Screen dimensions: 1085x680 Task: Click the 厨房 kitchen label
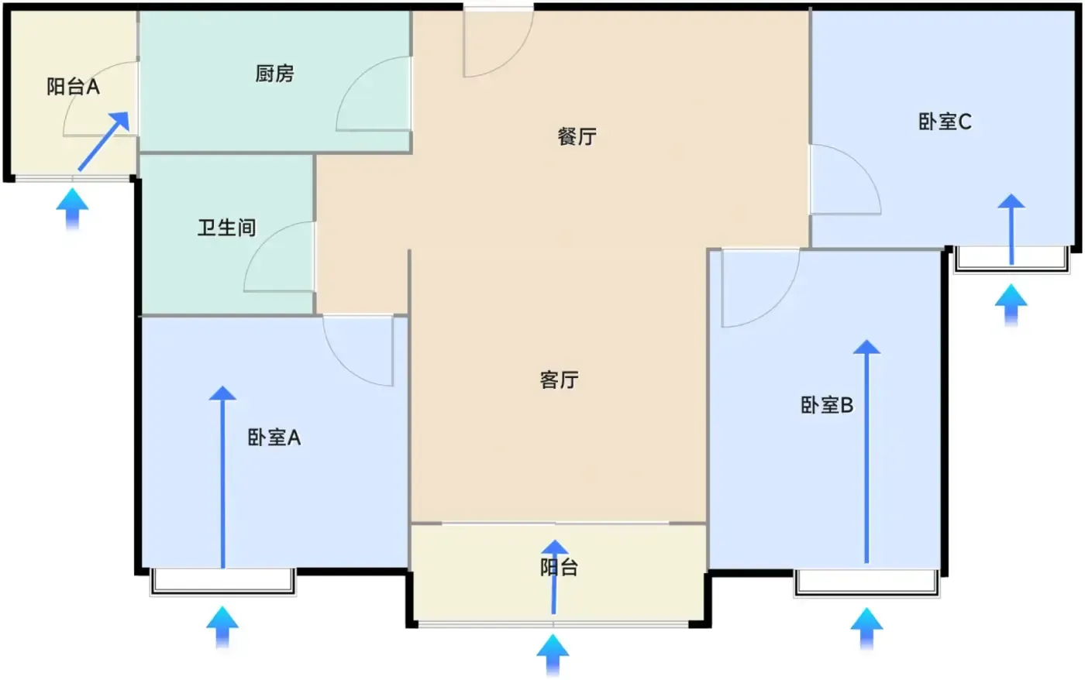click(x=274, y=74)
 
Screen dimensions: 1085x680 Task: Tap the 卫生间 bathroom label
click(x=226, y=228)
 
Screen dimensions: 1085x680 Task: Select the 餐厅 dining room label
click(x=577, y=136)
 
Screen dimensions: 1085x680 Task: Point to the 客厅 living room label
click(x=559, y=380)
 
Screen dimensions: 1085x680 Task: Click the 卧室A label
click(x=274, y=438)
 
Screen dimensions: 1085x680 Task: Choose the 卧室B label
click(x=827, y=405)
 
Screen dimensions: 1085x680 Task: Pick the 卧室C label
click(x=945, y=122)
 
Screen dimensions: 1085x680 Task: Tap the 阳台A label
click(x=73, y=87)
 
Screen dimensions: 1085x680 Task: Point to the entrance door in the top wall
click(x=498, y=42)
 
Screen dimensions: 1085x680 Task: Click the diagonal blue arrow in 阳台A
click(x=104, y=141)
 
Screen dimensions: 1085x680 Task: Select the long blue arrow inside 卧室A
click(x=222, y=477)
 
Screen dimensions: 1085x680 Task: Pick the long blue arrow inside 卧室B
click(x=866, y=452)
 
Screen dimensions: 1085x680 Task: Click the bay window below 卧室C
click(x=1011, y=260)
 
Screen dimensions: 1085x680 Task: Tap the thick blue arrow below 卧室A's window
click(x=222, y=627)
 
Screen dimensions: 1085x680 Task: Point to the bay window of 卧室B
click(x=866, y=583)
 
